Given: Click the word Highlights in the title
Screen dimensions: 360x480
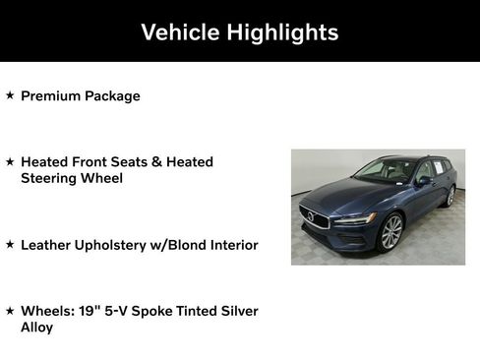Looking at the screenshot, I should pyautogui.click(x=282, y=32).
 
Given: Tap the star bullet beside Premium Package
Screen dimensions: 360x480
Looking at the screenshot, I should pyautogui.click(x=10, y=95).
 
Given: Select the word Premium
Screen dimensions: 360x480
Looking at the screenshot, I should pyautogui.click(x=52, y=96).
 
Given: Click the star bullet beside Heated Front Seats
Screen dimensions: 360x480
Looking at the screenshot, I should pyautogui.click(x=10, y=161).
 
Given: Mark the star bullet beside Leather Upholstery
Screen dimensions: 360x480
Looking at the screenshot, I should pyautogui.click(x=10, y=244).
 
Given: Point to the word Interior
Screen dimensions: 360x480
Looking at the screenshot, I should pyautogui.click(x=229, y=244).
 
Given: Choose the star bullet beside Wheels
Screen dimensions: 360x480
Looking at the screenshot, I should pyautogui.click(x=10, y=310).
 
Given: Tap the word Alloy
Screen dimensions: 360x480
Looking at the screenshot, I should pyautogui.click(x=37, y=327).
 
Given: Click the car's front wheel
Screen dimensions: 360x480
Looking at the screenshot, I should pyautogui.click(x=390, y=232).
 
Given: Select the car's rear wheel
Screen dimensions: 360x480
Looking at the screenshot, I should pyautogui.click(x=450, y=197).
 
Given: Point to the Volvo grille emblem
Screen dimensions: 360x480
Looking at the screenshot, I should pyautogui.click(x=312, y=216).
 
